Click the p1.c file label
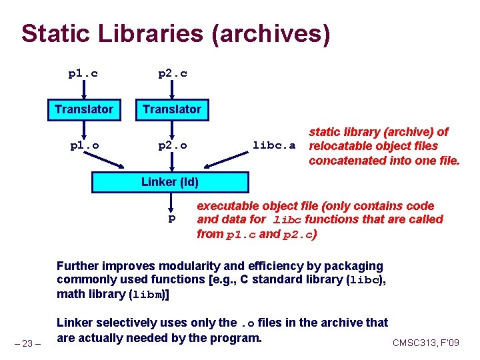pyautogui.click(x=83, y=73)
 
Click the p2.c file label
pyautogui.click(x=172, y=73)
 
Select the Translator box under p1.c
pyautogui.click(x=84, y=109)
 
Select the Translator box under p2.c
pyautogui.click(x=172, y=109)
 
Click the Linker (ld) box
pyautogui.click(x=169, y=182)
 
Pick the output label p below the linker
pyautogui.click(x=171, y=218)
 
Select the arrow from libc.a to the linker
pyautogui.click(x=227, y=159)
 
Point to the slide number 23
pyautogui.click(x=29, y=343)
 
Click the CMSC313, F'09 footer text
pyautogui.click(x=425, y=343)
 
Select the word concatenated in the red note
pyautogui.click(x=343, y=160)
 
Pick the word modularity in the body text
pyautogui.click(x=182, y=267)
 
